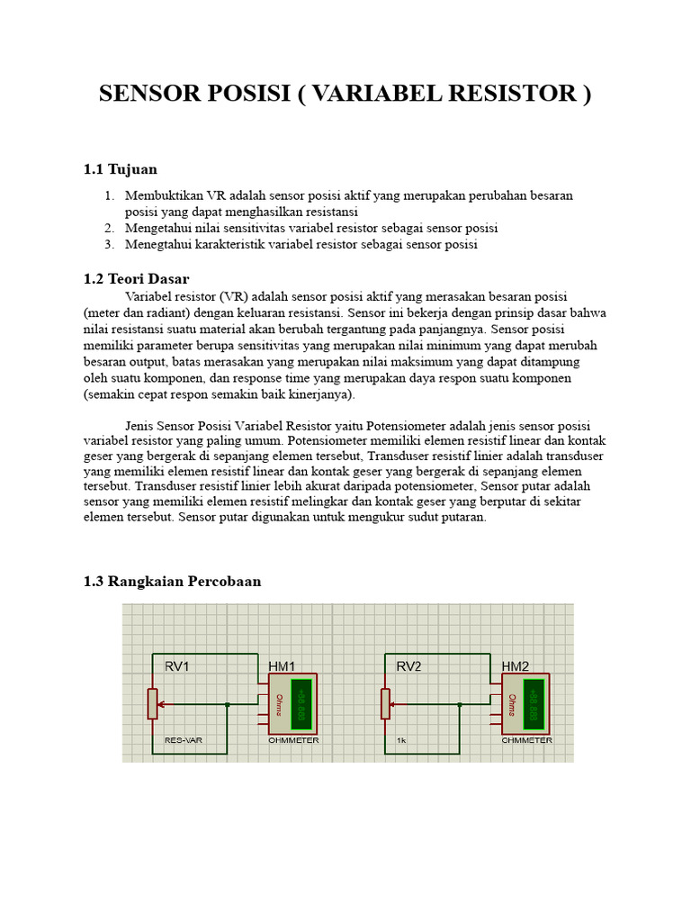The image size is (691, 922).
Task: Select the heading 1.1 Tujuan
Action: click(120, 169)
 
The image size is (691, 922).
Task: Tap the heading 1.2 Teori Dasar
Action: click(136, 279)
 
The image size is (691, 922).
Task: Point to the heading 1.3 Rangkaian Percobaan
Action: click(172, 582)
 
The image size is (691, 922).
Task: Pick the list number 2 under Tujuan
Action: click(109, 228)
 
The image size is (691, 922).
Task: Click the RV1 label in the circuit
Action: click(177, 667)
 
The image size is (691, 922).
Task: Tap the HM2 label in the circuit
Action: click(516, 667)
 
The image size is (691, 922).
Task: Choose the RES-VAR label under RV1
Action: click(183, 740)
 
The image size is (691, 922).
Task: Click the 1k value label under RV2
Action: click(401, 740)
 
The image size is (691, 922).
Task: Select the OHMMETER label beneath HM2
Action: click(527, 740)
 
